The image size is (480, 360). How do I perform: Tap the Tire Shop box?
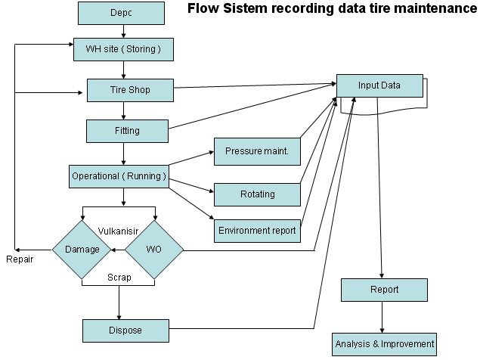129,91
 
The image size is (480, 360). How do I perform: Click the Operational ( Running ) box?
118,176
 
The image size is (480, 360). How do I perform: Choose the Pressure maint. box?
257,151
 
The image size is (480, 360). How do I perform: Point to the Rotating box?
257,194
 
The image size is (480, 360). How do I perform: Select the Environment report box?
257,230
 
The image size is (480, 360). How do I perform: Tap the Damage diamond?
82,249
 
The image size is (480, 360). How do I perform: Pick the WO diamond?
154,249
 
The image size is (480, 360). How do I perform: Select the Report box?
384,289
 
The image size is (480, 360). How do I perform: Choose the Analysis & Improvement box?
384,343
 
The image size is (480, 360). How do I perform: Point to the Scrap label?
119,277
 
